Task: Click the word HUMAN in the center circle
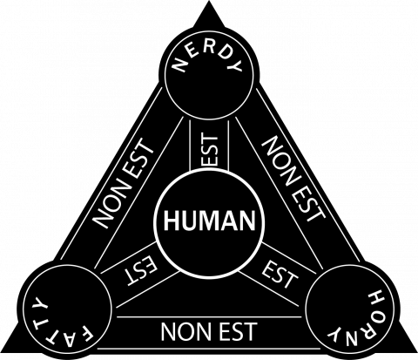pyautogui.click(x=210, y=221)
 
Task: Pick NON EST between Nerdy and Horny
pyautogui.click(x=293, y=179)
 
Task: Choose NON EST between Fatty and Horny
pyautogui.click(x=209, y=331)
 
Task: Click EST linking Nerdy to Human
pyautogui.click(x=209, y=149)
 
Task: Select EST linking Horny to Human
pyautogui.click(x=280, y=274)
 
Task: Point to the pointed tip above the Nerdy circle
pyautogui.click(x=209, y=1)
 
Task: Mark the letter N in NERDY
pyautogui.click(x=180, y=65)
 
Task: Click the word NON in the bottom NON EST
pyautogui.click(x=185, y=332)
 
